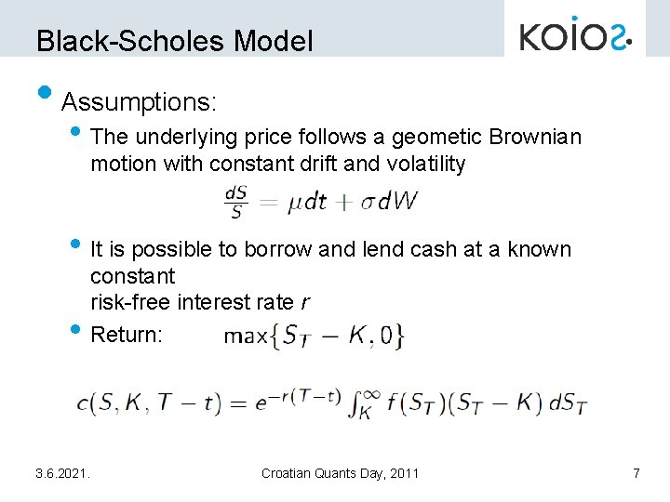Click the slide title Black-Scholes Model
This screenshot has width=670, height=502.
(x=175, y=41)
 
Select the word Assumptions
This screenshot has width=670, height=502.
(x=139, y=99)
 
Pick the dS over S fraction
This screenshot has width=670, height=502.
(x=235, y=202)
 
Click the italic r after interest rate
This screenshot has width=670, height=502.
(x=304, y=302)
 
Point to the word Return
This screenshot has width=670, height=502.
(x=127, y=335)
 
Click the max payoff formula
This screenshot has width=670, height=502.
(x=314, y=335)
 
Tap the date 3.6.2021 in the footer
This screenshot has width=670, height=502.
(x=63, y=474)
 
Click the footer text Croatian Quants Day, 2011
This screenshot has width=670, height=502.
(x=340, y=474)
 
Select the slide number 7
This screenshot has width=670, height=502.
(x=636, y=474)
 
